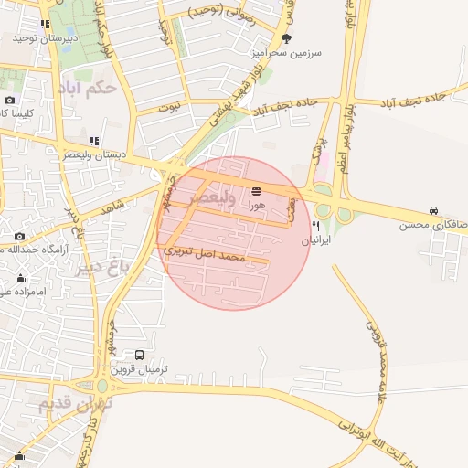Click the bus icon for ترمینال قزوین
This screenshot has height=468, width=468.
[x=139, y=355]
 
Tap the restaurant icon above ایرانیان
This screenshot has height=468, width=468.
[x=316, y=228]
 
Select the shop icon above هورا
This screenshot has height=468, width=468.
[x=255, y=192]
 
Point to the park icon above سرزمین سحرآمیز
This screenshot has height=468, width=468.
[x=287, y=38]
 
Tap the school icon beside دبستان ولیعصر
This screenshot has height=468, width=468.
[x=94, y=142]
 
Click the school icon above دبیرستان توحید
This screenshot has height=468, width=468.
[x=44, y=24]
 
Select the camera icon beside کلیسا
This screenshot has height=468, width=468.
[x=10, y=100]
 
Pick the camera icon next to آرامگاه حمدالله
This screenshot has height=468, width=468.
[x=19, y=237]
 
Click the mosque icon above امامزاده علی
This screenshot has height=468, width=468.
[x=20, y=279]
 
